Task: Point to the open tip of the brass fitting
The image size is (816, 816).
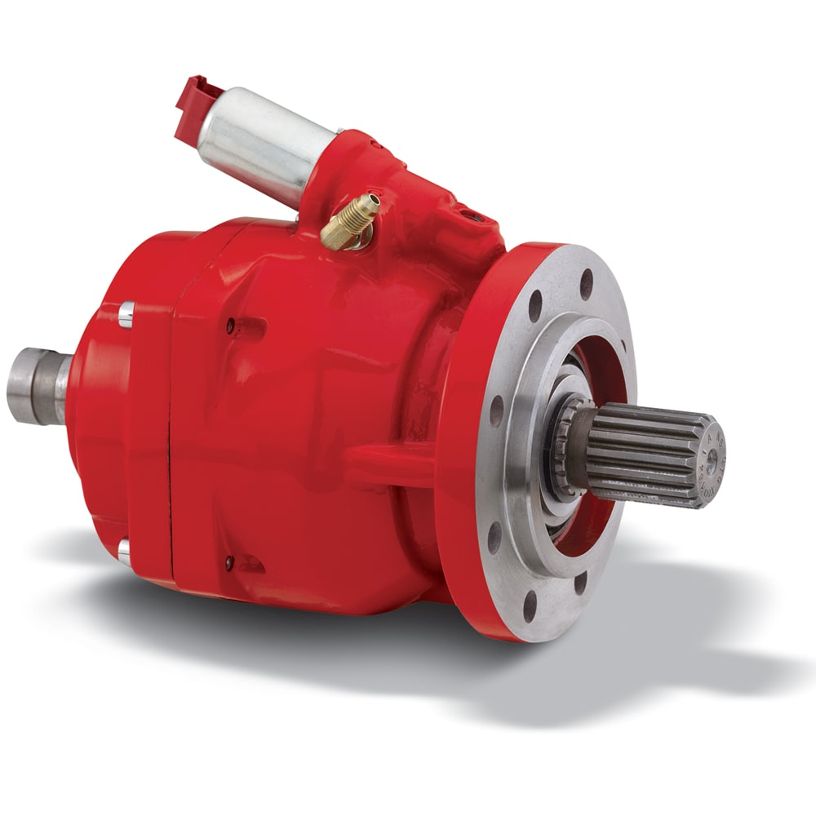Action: [374, 198]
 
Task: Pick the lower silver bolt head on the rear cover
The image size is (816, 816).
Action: [124, 552]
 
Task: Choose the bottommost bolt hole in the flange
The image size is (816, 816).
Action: [530, 607]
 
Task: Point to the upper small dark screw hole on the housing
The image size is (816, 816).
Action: [231, 326]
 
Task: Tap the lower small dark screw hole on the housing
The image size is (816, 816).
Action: [230, 562]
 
